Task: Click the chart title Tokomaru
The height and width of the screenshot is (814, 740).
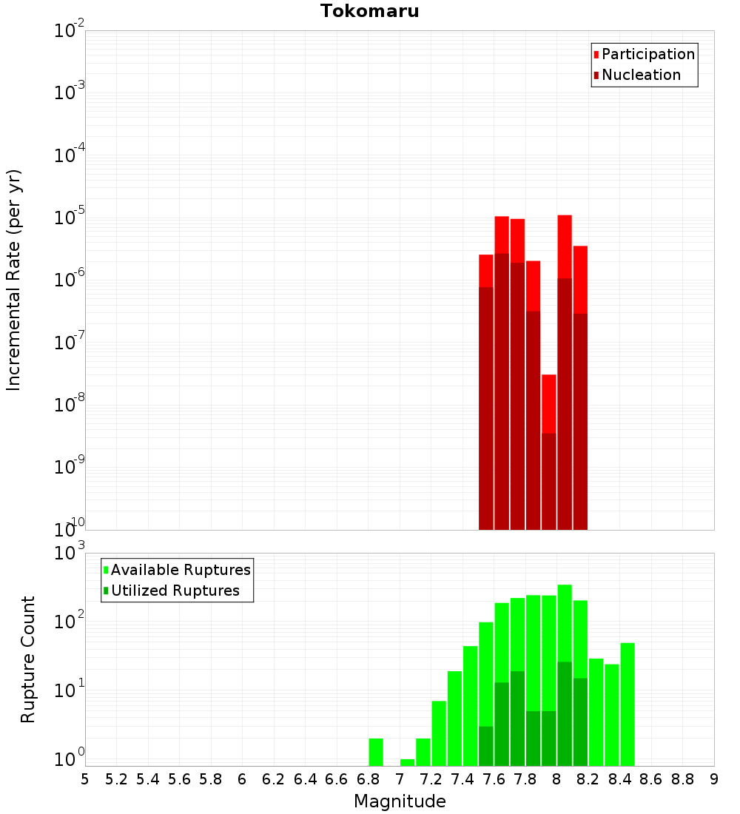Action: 369,11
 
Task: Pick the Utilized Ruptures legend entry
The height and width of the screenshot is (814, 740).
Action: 175,591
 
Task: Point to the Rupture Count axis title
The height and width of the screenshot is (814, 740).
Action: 28,659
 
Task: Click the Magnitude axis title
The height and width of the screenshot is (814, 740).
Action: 400,801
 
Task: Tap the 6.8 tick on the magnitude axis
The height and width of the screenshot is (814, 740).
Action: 368,778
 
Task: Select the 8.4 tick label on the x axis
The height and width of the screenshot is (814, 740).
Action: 619,778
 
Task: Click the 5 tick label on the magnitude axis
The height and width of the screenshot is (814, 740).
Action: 85,778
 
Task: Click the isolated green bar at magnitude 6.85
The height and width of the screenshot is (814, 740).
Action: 376,752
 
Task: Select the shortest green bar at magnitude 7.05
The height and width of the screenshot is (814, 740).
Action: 407,762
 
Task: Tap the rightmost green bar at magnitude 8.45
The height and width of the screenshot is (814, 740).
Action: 628,703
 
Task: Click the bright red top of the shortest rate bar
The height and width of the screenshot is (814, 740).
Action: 548,403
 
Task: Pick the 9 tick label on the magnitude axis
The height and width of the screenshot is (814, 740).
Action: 713,778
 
